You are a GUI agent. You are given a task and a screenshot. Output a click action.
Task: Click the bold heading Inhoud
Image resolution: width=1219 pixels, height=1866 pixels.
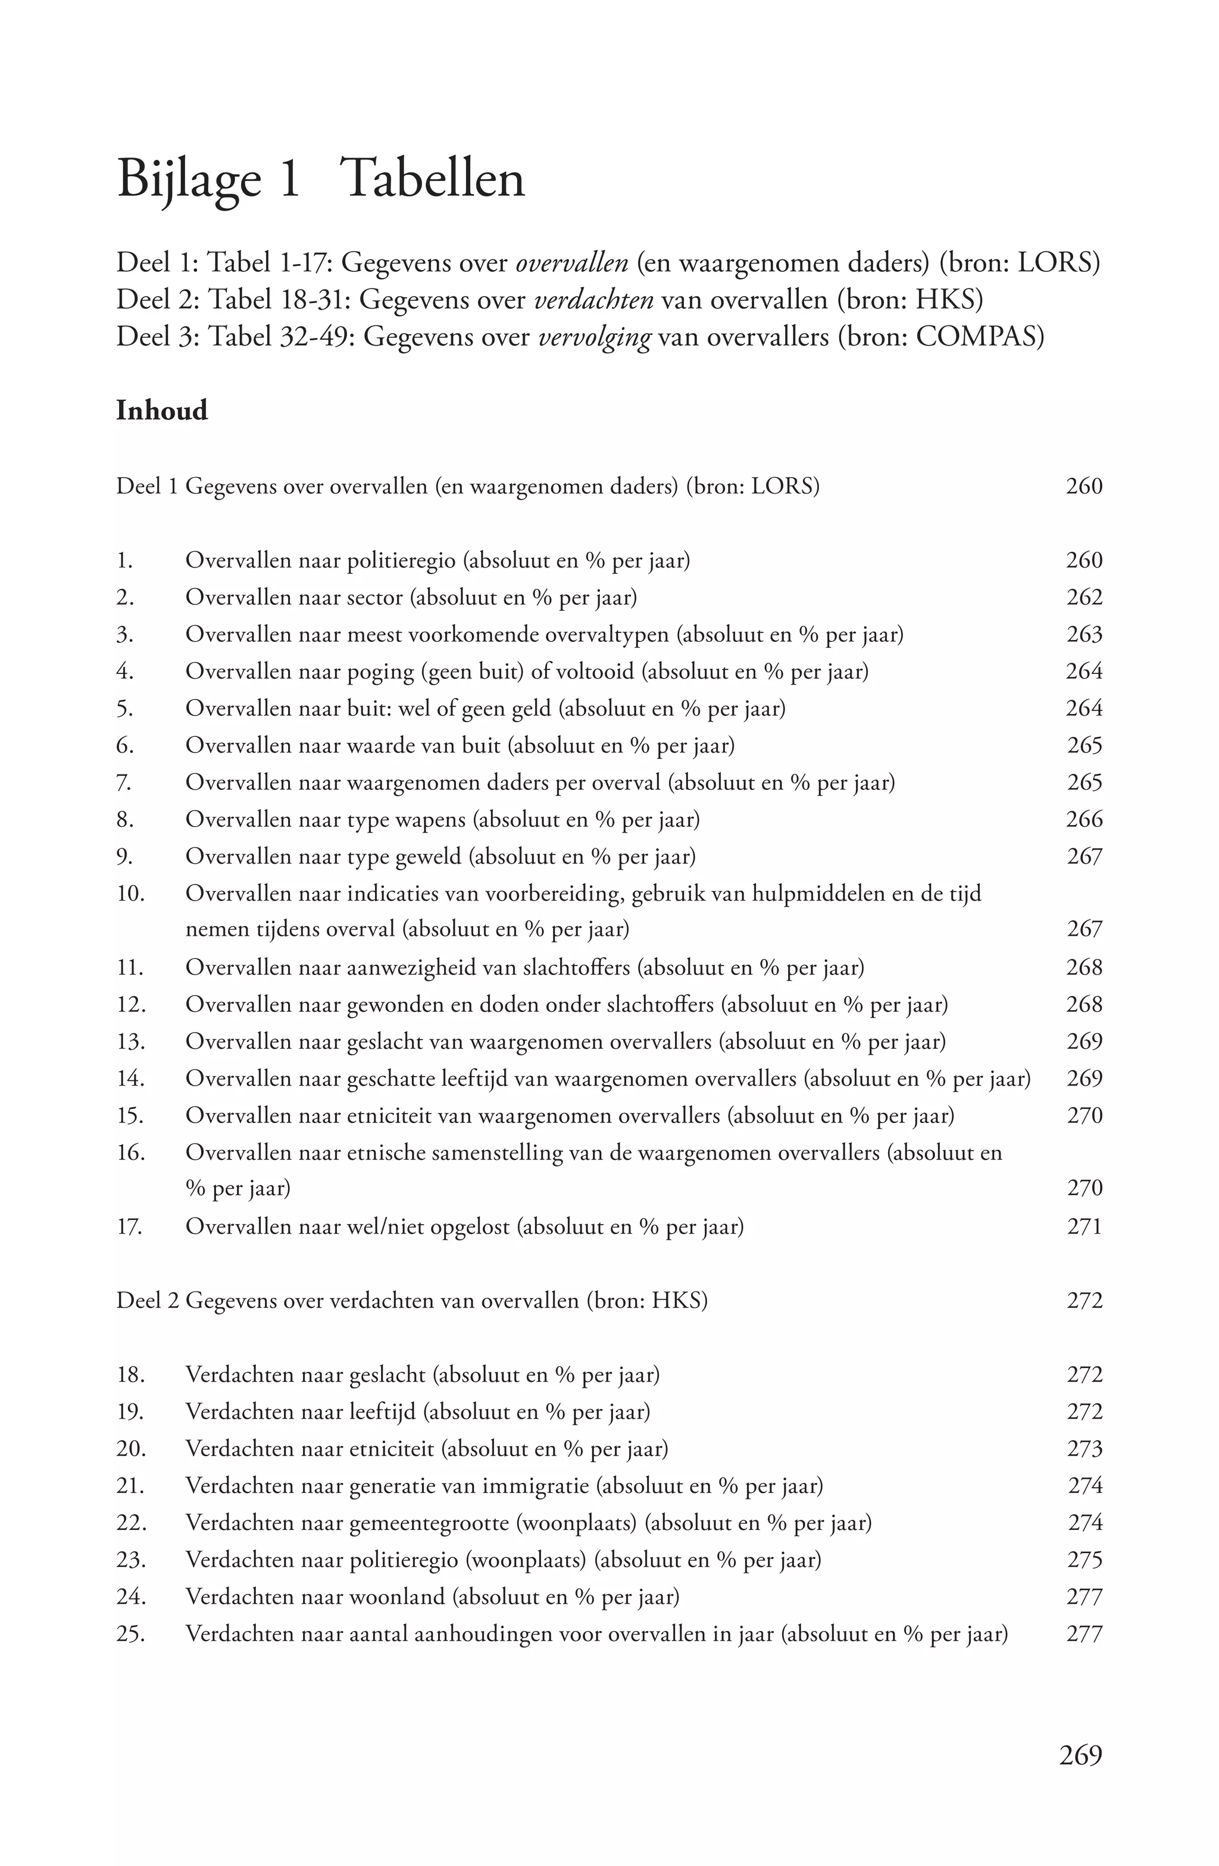tap(161, 411)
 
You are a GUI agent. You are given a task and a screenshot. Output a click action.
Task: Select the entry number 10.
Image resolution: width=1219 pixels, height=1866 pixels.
tap(131, 894)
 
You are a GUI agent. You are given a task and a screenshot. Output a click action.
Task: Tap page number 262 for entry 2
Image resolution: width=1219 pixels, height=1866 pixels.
tap(1084, 597)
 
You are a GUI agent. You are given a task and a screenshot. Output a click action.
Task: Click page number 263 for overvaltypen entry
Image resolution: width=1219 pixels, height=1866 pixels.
tap(1084, 634)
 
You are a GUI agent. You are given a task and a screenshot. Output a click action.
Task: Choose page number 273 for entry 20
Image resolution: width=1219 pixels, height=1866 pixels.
tap(1084, 1449)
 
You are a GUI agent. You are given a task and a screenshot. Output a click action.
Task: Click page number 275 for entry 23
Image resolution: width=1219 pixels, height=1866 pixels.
tap(1084, 1560)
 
